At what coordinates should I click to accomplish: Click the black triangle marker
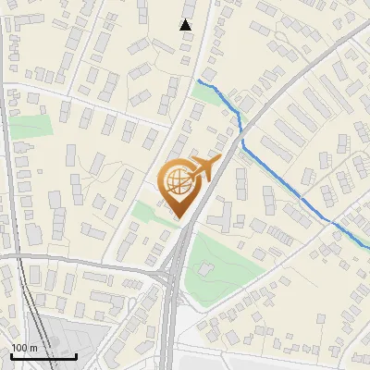(x=186, y=24)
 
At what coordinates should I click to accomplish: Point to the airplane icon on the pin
(x=203, y=168)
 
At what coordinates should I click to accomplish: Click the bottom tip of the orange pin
(x=180, y=219)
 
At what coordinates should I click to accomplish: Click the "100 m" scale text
(x=24, y=347)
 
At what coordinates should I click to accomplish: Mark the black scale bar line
(x=43, y=356)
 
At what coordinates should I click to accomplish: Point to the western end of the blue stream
(x=197, y=82)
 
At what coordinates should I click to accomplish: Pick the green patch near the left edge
(x=32, y=127)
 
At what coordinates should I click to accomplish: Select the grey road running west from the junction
(x=83, y=261)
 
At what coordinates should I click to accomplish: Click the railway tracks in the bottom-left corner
(x=23, y=305)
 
